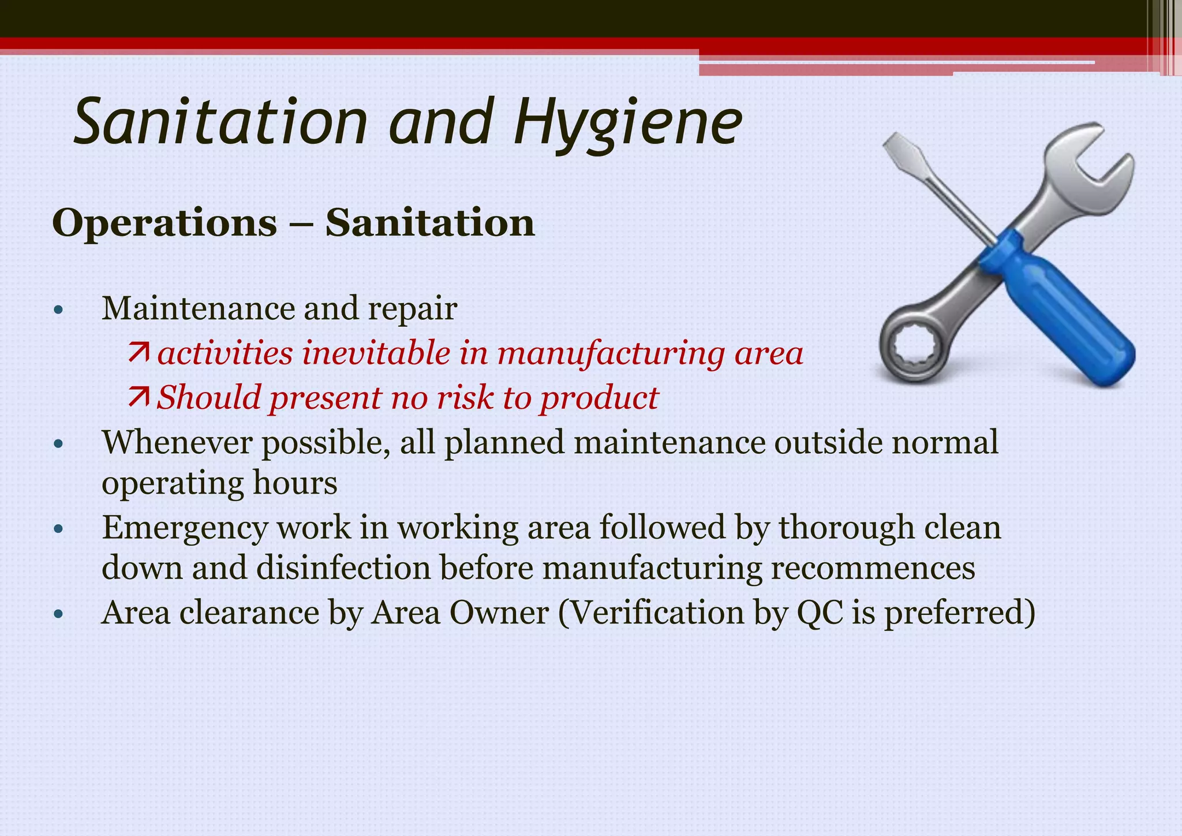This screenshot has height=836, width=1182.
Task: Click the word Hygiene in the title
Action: (x=627, y=123)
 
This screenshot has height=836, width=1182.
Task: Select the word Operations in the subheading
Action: (x=164, y=223)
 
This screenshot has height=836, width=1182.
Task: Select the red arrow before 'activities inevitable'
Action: (x=139, y=352)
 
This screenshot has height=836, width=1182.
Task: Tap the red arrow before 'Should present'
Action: (x=139, y=397)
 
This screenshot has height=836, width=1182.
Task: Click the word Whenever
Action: (x=176, y=443)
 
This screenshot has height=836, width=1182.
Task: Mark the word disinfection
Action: (x=343, y=568)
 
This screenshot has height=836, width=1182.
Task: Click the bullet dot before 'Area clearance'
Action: (x=57, y=614)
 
